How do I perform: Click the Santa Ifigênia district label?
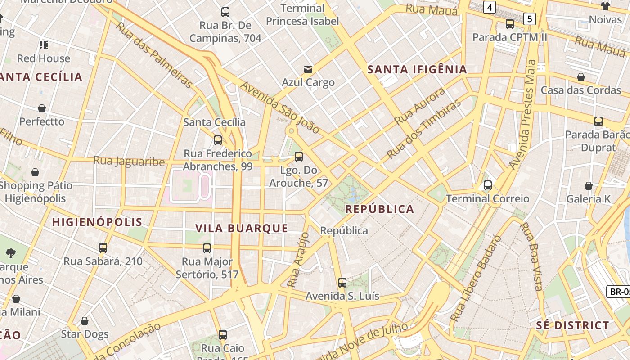tap(417, 69)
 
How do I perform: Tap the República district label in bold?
tap(379, 209)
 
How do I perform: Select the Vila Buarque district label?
tap(242, 228)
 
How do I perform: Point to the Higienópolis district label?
tap(97, 222)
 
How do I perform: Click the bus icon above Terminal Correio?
tap(487, 185)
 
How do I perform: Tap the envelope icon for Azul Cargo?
tap(308, 69)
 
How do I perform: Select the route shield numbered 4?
tap(490, 7)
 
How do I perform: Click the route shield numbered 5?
tap(530, 18)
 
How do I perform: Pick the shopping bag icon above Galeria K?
tap(588, 186)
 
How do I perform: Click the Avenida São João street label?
tap(280, 108)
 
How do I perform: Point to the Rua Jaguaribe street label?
tap(129, 161)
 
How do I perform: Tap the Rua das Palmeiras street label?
tap(154, 54)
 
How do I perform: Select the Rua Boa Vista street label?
tap(532, 256)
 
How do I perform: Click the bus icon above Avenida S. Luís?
tap(342, 283)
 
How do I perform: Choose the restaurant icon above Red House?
tap(44, 45)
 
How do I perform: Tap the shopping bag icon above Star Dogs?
tap(85, 321)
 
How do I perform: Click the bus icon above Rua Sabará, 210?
tap(103, 248)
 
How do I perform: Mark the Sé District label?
tap(572, 325)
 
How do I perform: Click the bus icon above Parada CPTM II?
tap(509, 24)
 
